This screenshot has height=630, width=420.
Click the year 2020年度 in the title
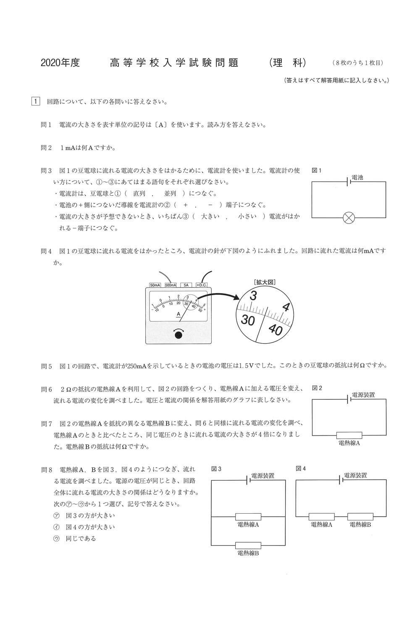tap(60, 63)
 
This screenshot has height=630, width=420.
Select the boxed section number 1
tap(36, 102)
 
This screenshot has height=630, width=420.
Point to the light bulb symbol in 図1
tap(349, 218)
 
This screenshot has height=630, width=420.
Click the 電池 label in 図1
tap(357, 178)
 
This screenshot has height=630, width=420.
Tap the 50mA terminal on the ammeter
tap(155, 285)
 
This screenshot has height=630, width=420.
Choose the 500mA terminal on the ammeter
tap(171, 285)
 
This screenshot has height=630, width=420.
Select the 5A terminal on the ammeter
tap(186, 285)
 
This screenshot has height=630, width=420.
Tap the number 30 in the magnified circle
tap(248, 320)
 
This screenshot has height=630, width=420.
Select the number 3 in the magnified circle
tap(253, 296)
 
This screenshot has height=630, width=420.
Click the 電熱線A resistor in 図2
tap(349, 436)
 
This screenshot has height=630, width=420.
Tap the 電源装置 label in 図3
tap(262, 476)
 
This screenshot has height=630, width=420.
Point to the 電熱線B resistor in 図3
tap(248, 546)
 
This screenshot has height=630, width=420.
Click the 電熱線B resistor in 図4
tap(360, 517)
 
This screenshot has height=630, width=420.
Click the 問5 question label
tap(46, 366)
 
